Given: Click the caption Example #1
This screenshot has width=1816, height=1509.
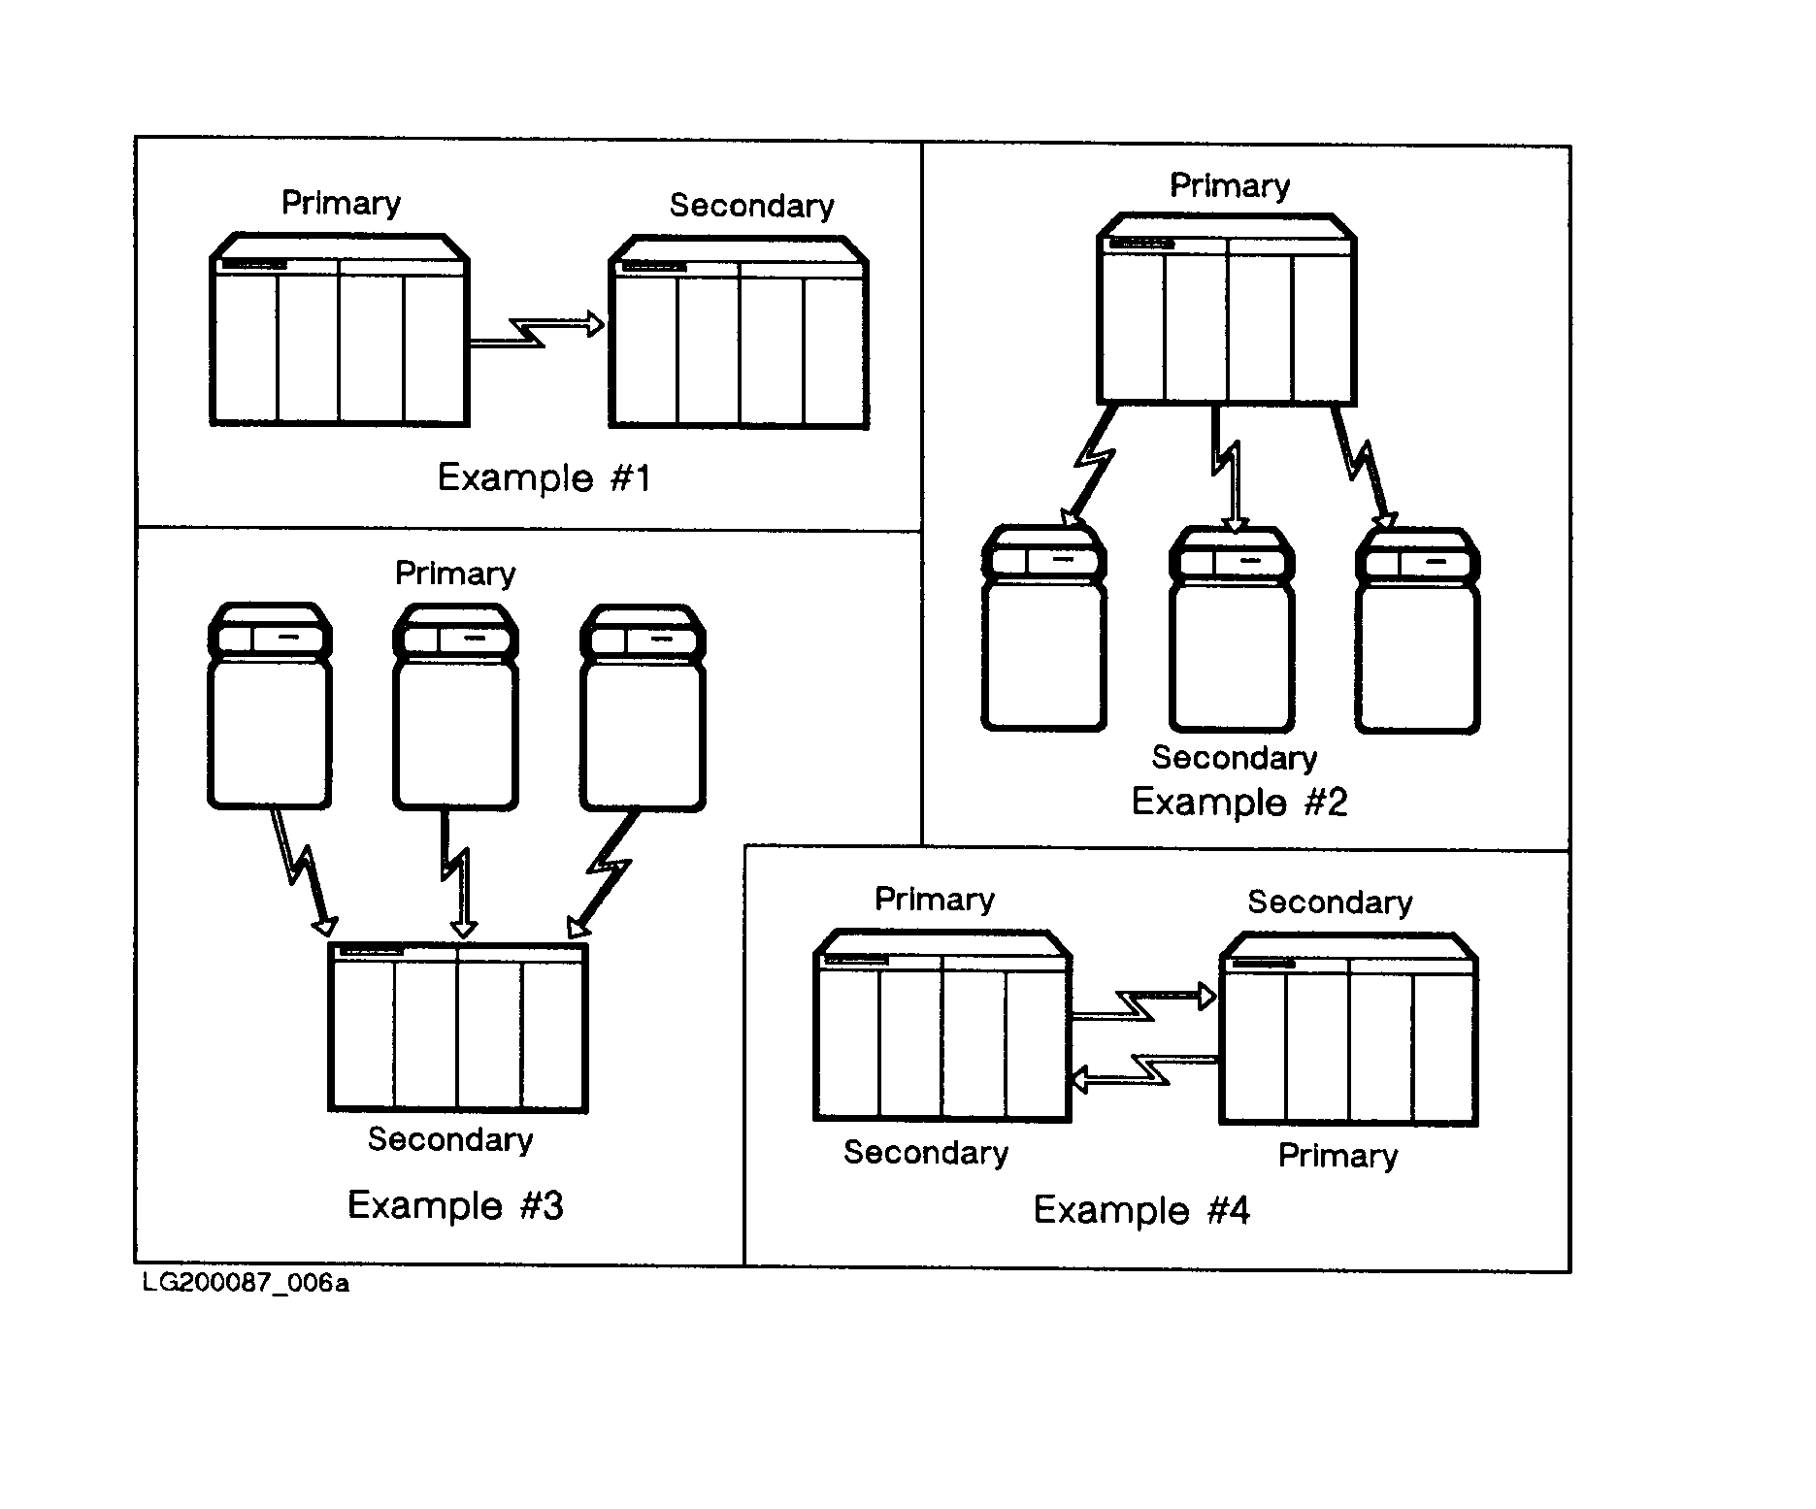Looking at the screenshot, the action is (544, 477).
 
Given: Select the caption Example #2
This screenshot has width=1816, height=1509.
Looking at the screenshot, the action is (1239, 802).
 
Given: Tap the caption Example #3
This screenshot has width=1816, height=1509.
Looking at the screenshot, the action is (455, 1205).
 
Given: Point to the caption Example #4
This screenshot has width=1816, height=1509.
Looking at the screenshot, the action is (1141, 1210).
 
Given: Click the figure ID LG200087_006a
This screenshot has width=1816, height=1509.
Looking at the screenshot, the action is (246, 1283).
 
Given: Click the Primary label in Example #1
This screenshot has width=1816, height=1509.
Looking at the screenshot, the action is (341, 203).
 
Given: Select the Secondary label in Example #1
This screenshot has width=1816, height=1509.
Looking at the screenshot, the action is (752, 206).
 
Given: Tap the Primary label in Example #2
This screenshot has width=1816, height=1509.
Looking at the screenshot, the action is (1230, 185).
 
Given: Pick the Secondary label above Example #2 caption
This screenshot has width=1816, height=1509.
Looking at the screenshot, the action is (1235, 757).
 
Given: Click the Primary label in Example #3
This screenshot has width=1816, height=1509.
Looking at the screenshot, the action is (455, 573).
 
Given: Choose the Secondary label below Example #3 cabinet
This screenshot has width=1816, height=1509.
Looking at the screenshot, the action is (450, 1139).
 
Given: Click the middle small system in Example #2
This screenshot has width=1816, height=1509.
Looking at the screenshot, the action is (1233, 629).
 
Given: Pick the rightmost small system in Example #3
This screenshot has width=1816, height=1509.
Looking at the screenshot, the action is (643, 707).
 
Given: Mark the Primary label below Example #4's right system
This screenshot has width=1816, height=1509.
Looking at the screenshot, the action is (1337, 1156).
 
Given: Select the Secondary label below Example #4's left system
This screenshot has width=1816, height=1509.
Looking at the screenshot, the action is (926, 1153).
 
